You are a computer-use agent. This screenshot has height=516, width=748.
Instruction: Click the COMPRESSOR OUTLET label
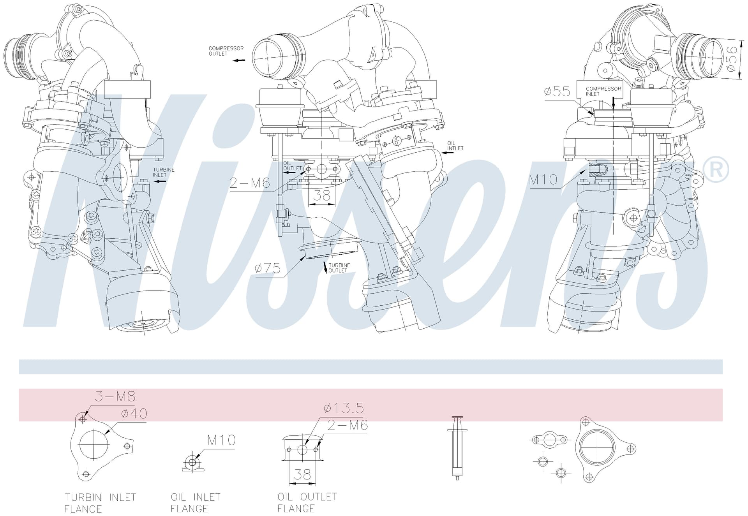point(226,51)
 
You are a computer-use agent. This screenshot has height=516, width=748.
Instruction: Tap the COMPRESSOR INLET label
point(603,91)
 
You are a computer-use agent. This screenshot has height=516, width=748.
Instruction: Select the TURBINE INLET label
point(164,172)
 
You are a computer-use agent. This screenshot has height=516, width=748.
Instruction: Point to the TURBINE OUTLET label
point(339,268)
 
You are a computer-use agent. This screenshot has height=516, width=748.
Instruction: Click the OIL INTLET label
point(455,146)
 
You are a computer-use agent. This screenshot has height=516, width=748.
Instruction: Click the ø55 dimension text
point(557,92)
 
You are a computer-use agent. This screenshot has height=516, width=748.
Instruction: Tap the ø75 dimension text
point(268,268)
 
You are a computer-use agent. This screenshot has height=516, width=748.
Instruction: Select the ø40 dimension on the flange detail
point(134,413)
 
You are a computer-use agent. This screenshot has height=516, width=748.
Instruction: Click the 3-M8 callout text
point(115,396)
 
